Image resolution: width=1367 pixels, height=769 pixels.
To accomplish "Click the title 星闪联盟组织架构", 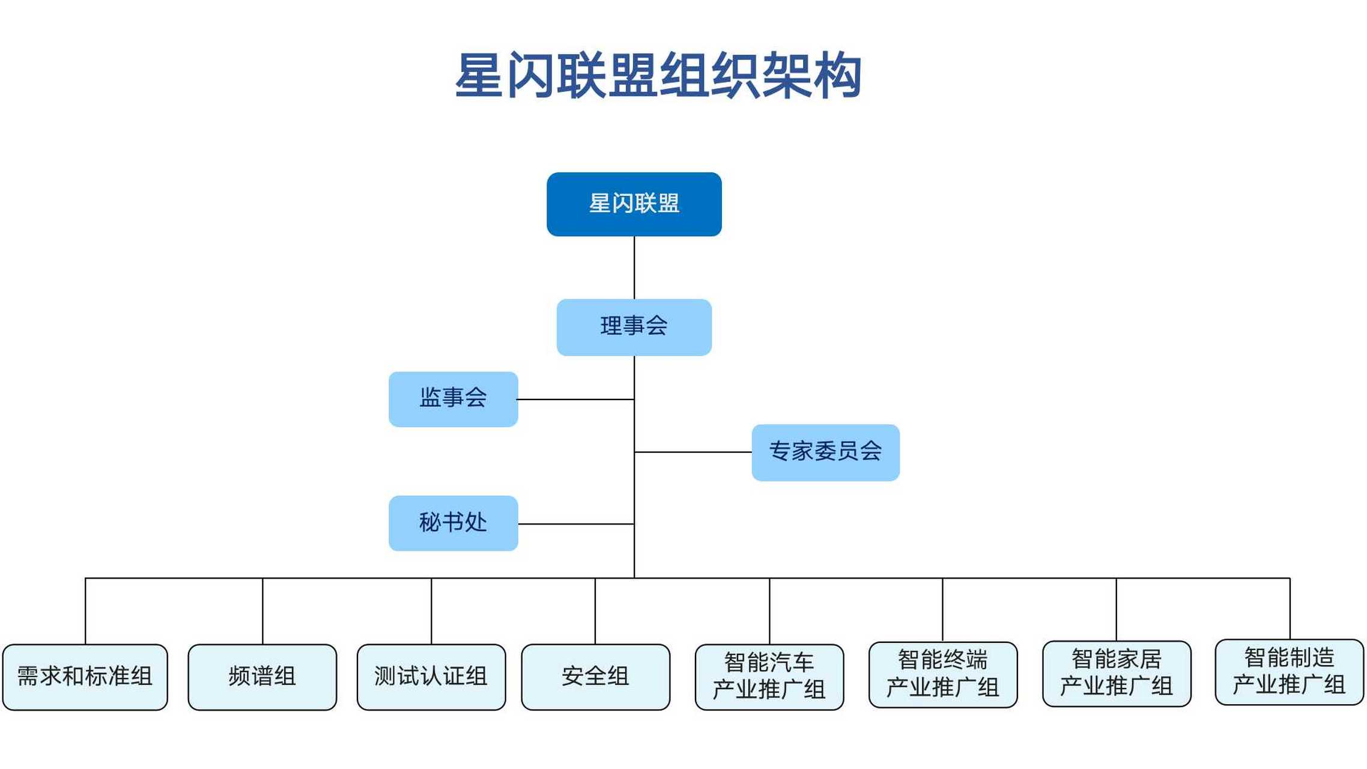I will click(658, 76).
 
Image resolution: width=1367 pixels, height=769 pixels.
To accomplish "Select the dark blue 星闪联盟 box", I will click(634, 204).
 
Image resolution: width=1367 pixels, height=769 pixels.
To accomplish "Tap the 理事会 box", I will click(634, 327).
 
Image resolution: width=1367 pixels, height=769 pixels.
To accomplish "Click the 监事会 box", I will click(453, 399).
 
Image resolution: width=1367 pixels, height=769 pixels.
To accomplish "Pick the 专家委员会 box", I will click(825, 452).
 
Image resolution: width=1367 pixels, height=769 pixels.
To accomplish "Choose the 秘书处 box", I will click(453, 523).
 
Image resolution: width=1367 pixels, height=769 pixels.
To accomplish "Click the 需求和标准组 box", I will click(85, 677).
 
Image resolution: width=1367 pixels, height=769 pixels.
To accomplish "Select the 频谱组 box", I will click(262, 677).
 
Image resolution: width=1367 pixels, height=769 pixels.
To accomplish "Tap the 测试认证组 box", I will click(431, 677).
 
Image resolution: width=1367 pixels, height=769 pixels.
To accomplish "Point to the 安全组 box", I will click(595, 677).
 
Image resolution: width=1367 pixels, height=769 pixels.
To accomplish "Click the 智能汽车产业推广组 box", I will click(769, 677).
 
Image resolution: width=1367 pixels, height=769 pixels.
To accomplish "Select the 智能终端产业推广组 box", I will click(942, 675).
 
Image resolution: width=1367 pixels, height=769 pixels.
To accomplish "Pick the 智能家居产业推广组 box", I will click(1116, 673).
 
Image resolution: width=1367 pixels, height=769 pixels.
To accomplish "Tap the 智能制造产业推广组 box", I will click(1289, 672).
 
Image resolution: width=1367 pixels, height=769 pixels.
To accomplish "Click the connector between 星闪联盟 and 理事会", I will click(634, 267).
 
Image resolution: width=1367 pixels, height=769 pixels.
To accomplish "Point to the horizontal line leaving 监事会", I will click(575, 400).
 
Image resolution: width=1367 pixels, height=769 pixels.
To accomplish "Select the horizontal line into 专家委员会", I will click(693, 452).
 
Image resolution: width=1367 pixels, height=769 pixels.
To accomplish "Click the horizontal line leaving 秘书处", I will click(575, 524).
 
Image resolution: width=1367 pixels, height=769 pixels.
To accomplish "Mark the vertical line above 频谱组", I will click(262, 611).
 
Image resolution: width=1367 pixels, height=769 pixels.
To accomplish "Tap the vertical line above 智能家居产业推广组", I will click(1116, 609).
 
